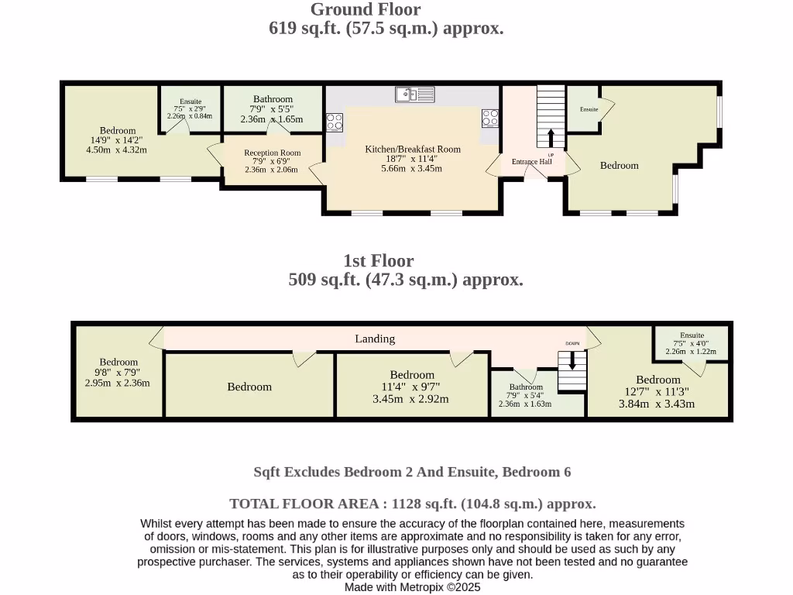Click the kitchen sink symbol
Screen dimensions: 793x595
pyautogui.click(x=415, y=94)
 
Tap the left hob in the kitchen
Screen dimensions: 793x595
pyautogui.click(x=335, y=122)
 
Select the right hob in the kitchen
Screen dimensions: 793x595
pyautogui.click(x=490, y=119)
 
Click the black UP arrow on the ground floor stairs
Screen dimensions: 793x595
pyautogui.click(x=551, y=138)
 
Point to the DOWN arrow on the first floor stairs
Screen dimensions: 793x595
pyautogui.click(x=572, y=360)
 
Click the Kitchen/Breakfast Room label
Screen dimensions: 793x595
pyautogui.click(x=413, y=150)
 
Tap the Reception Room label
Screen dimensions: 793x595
pyautogui.click(x=272, y=153)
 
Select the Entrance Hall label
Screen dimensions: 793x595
pyautogui.click(x=531, y=161)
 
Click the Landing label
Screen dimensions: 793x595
pyautogui.click(x=375, y=339)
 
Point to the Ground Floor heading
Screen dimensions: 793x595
pyautogui.click(x=366, y=9)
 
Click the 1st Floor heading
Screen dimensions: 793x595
pyautogui.click(x=378, y=261)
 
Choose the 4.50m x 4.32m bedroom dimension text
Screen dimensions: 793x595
pyautogui.click(x=116, y=150)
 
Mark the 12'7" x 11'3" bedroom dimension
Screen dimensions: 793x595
pyautogui.click(x=657, y=391)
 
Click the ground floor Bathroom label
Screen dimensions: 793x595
pyautogui.click(x=273, y=99)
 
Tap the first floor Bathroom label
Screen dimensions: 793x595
pyautogui.click(x=526, y=387)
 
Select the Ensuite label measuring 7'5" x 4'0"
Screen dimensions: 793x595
pyautogui.click(x=692, y=335)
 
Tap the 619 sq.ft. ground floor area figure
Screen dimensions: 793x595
pyautogui.click(x=304, y=28)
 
